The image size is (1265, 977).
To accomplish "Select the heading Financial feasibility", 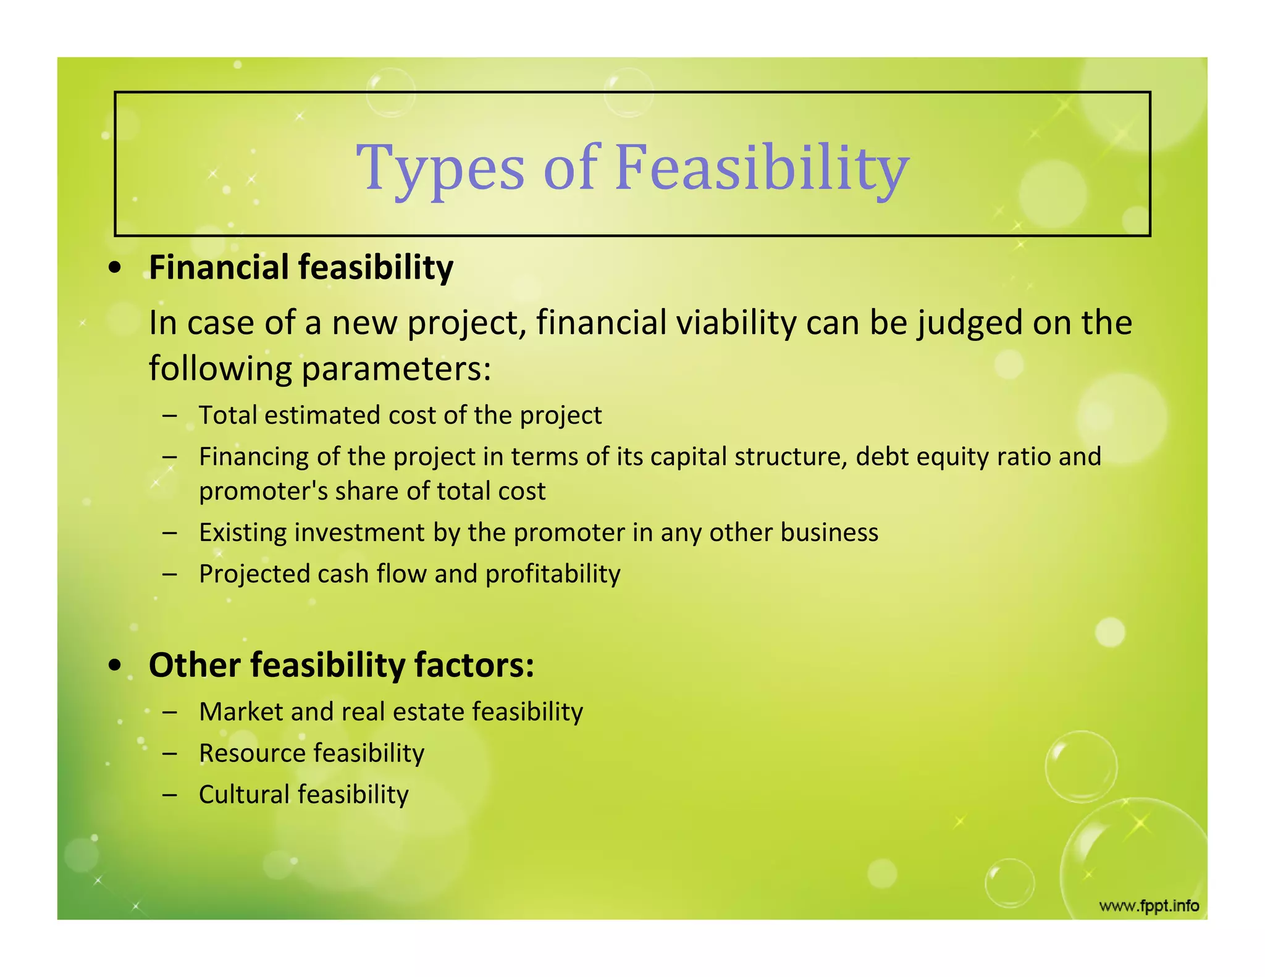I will tap(301, 268).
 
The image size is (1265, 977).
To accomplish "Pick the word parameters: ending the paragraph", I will tap(396, 369).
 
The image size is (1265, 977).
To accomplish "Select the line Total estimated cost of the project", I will tap(400, 415).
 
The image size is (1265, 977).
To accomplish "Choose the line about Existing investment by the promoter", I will tap(538, 532).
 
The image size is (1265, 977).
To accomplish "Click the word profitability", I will tap(552, 574).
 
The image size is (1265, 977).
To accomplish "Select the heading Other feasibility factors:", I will tap(341, 666).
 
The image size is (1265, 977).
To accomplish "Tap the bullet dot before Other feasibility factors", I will tap(114, 666).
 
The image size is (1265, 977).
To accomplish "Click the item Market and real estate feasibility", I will tap(390, 711).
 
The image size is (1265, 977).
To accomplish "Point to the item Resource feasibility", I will tap(311, 753).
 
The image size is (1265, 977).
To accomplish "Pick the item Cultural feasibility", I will tap(303, 794).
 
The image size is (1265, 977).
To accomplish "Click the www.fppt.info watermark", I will tap(1148, 906).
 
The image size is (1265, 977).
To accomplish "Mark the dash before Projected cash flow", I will tap(170, 574).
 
